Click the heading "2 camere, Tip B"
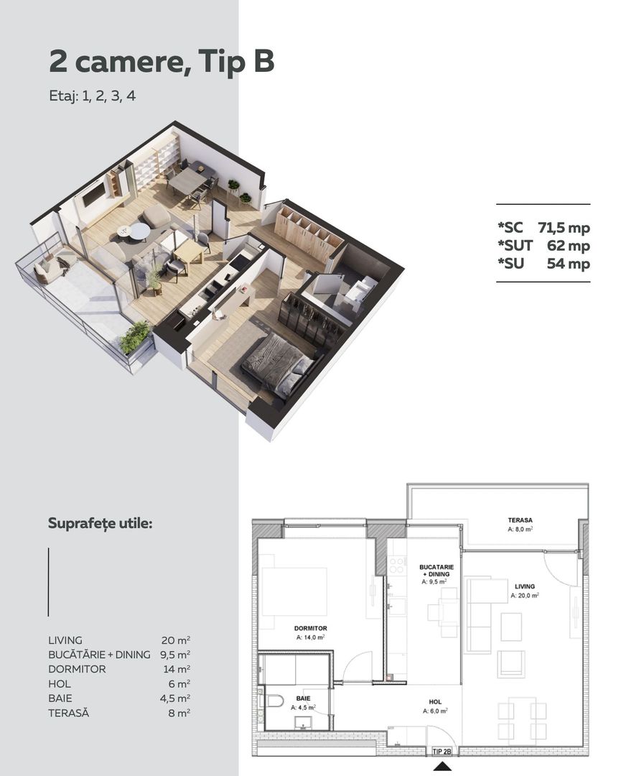point(162,63)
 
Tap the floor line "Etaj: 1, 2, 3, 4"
point(92,97)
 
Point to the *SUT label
point(515,246)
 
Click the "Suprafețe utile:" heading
point(100,523)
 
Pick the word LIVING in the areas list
point(65,640)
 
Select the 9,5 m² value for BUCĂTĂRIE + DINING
point(175,655)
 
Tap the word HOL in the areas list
point(59,684)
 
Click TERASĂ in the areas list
point(69,713)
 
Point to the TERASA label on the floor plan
point(520,519)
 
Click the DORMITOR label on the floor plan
point(311,628)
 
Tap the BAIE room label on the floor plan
point(303,698)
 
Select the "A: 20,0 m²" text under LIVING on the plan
point(525,596)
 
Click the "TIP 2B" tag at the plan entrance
point(442,752)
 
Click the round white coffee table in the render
point(139,231)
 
